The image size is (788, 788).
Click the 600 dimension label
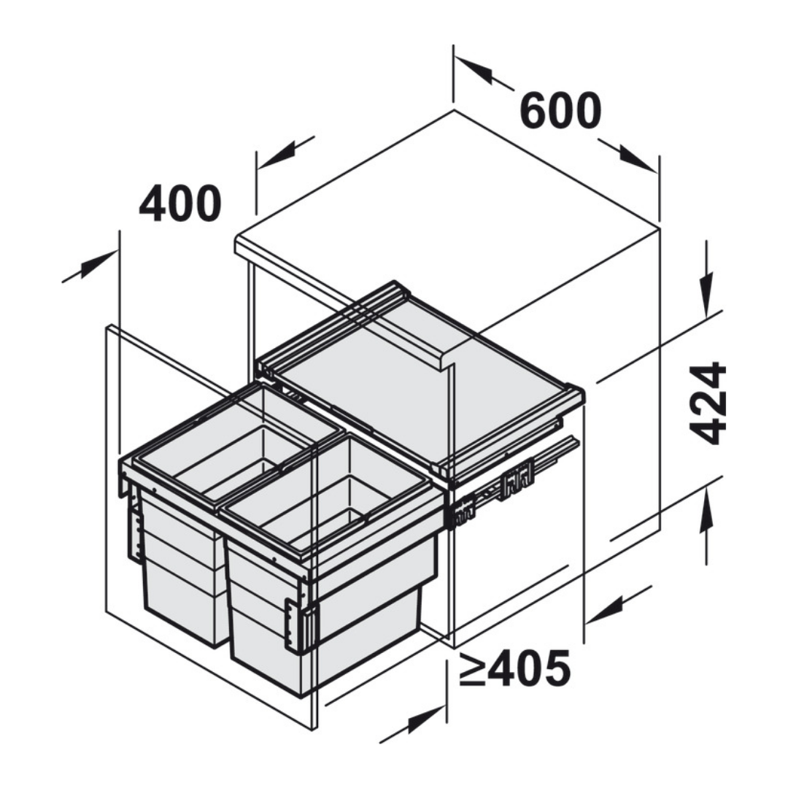[x=560, y=111]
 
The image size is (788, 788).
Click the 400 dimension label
[x=180, y=203]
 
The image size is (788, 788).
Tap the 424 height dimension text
[x=708, y=403]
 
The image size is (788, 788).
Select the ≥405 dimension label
[x=514, y=668]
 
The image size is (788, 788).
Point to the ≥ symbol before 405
[x=472, y=669]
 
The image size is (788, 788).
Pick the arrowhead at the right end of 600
[x=638, y=159]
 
